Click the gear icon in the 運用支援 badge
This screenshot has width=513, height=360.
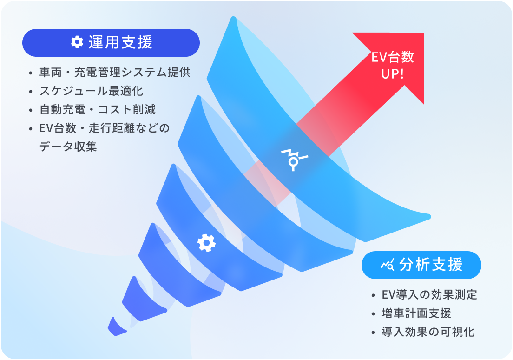77,42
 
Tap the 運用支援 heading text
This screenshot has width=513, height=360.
120,42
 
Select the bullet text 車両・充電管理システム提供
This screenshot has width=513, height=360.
114,73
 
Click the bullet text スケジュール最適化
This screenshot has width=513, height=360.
91,91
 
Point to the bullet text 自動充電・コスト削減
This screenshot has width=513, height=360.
98,110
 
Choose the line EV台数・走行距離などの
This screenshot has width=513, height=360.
105,128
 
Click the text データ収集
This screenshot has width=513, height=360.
68,147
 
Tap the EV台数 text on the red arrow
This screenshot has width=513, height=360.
393,58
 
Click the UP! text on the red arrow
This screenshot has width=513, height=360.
393,74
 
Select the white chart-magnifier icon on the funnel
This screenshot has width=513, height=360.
295,160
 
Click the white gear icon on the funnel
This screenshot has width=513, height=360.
206,243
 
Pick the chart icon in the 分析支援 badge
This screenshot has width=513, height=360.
388,265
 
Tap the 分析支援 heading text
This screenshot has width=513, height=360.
431,265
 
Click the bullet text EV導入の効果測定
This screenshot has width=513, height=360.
429,295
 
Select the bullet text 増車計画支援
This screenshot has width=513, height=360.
416,313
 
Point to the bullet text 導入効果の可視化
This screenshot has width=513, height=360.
428,332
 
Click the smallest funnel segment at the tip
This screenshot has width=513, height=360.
116,327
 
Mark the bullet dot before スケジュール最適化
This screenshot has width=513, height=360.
31,92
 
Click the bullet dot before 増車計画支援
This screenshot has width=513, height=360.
373,314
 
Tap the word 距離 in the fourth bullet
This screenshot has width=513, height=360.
123,128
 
